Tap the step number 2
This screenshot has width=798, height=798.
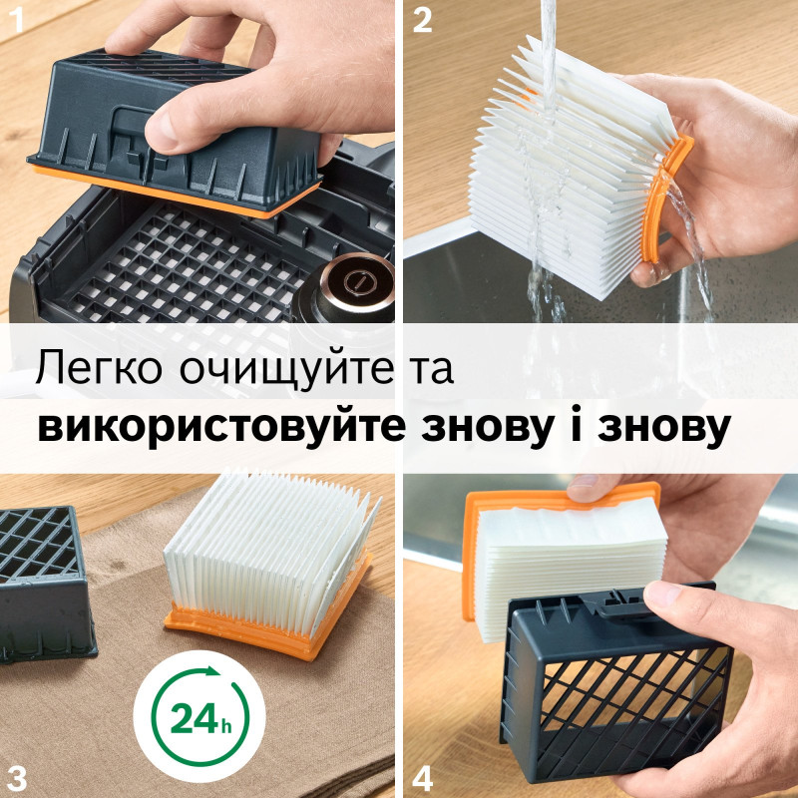tap(423, 20)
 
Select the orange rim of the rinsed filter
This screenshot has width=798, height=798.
tap(666, 199)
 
